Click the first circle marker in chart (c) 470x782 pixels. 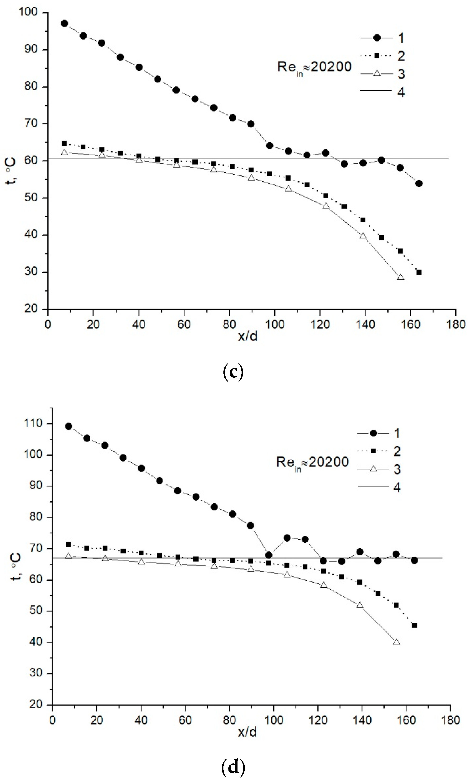65,23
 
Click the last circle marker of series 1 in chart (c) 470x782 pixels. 419,183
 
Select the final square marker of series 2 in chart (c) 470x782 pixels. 419,272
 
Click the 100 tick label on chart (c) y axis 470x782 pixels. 28,12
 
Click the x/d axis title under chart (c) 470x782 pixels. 248,336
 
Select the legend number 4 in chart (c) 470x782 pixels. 401,92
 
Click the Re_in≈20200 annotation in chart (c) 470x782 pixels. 314,67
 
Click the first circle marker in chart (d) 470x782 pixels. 68,426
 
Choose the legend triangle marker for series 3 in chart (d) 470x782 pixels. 374,469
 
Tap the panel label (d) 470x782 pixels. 233,767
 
